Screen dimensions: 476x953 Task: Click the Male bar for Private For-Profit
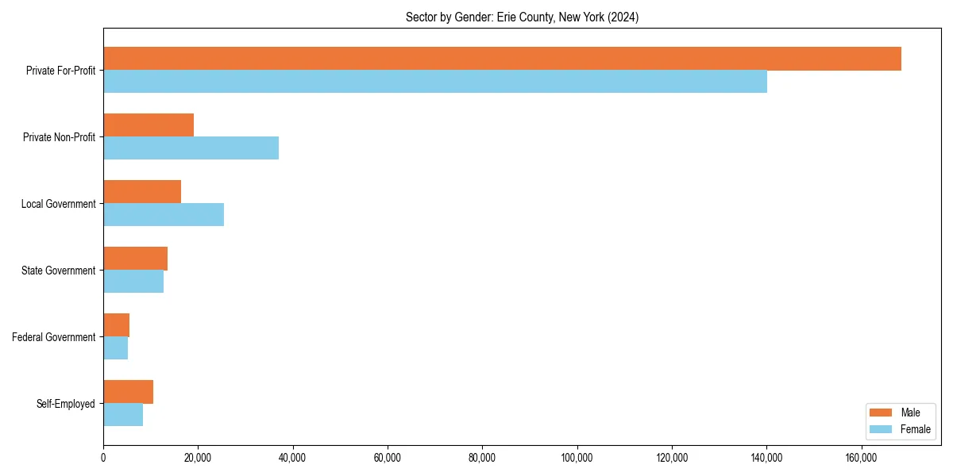click(x=502, y=59)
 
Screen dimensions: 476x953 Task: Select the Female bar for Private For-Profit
click(x=435, y=82)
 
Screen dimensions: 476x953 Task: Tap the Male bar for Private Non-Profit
click(x=149, y=125)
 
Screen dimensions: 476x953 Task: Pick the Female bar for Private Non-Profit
click(x=191, y=148)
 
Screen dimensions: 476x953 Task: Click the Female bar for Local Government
click(x=164, y=215)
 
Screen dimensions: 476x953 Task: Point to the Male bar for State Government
click(x=135, y=259)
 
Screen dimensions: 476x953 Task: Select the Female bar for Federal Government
click(x=115, y=348)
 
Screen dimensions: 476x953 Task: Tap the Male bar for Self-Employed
click(x=128, y=392)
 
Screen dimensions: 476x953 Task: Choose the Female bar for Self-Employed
click(x=123, y=415)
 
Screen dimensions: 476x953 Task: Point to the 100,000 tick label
click(x=577, y=458)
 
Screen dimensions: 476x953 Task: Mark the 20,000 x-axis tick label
click(x=198, y=458)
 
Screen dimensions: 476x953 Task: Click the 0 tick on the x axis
click(x=103, y=458)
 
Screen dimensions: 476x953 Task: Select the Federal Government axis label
click(x=54, y=337)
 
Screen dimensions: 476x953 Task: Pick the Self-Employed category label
click(x=66, y=404)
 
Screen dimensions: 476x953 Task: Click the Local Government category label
click(x=59, y=204)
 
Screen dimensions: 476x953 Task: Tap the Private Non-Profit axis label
click(x=60, y=137)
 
